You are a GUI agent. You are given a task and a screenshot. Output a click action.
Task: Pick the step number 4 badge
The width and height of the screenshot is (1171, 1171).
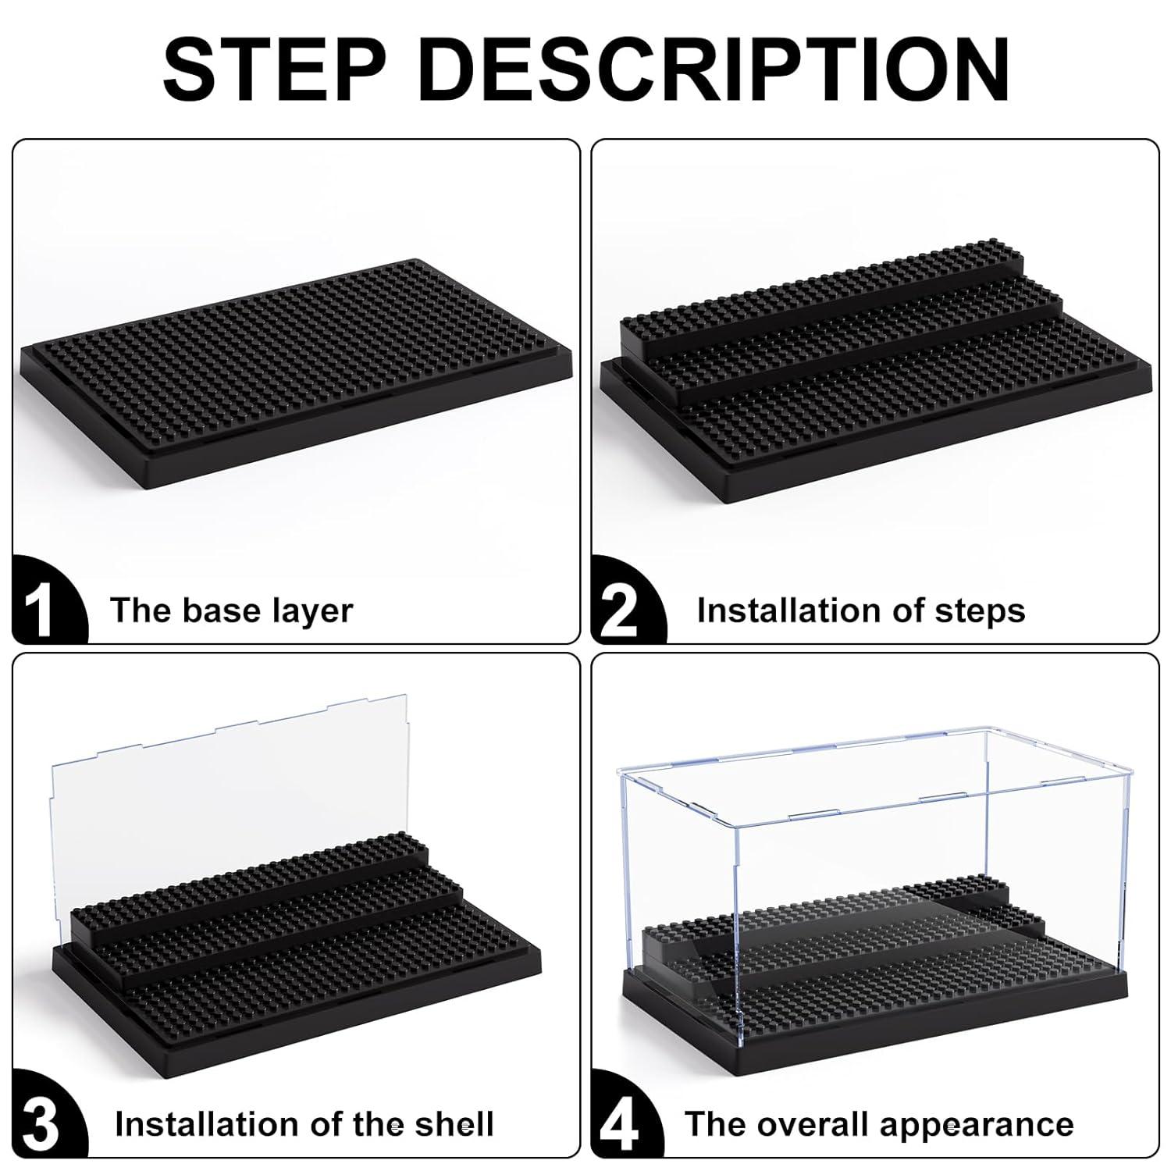point(621,1125)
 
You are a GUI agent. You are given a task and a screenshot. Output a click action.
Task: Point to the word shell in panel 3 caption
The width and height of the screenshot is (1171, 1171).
point(454,1124)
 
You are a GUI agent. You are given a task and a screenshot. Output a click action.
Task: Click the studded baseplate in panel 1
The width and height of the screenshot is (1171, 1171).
point(297,367)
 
